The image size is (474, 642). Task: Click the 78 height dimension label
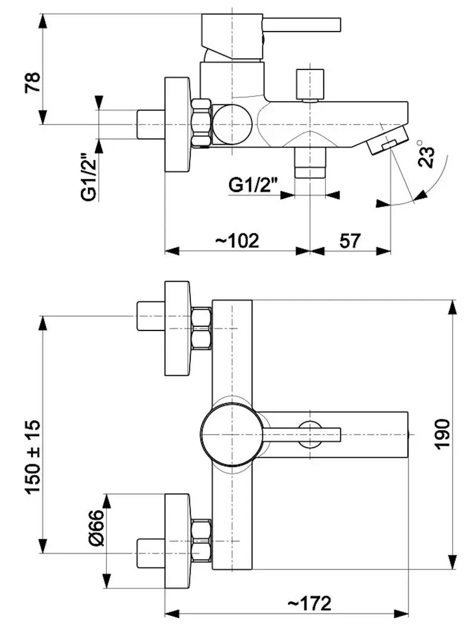[x=32, y=81]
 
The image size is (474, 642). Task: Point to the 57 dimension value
[x=350, y=241]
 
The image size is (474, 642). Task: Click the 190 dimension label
[x=442, y=435]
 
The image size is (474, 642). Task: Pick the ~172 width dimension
[x=309, y=603]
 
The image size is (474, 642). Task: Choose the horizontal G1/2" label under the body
[x=254, y=185]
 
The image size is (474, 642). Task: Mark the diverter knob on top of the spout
[x=311, y=85]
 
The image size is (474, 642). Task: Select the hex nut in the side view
[x=202, y=124]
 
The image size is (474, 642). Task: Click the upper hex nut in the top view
[x=202, y=328]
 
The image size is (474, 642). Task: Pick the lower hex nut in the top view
[x=202, y=541]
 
